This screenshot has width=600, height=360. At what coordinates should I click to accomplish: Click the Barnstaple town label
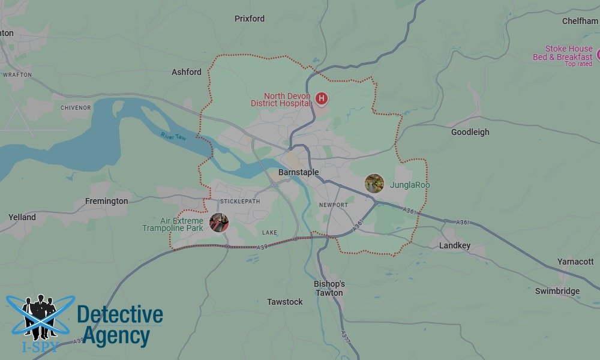298,173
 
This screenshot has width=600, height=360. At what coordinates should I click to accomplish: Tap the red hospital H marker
322,98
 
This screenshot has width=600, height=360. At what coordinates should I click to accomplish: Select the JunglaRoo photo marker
374,184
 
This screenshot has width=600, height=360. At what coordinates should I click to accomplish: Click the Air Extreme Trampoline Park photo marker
219,223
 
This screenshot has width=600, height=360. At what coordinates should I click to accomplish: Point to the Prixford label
249,19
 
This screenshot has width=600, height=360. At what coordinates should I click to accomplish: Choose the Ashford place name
187,72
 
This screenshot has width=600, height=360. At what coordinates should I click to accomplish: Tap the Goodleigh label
470,132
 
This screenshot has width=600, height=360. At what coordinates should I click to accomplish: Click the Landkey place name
455,245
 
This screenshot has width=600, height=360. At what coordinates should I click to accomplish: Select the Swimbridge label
557,291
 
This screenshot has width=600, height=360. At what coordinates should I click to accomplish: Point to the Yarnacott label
575,262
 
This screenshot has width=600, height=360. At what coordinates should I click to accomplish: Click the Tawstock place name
285,302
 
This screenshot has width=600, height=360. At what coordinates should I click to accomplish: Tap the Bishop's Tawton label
329,288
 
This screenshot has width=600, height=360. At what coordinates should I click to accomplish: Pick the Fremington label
106,201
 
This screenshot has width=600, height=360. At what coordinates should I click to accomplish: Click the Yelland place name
22,217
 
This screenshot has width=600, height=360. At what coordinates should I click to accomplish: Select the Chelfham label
580,21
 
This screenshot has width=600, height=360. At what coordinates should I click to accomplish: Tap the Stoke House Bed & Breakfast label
562,53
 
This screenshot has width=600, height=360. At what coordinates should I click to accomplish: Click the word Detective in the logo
120,314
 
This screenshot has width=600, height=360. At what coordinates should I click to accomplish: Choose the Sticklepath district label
240,201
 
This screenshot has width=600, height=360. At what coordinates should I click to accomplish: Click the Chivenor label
76,108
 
